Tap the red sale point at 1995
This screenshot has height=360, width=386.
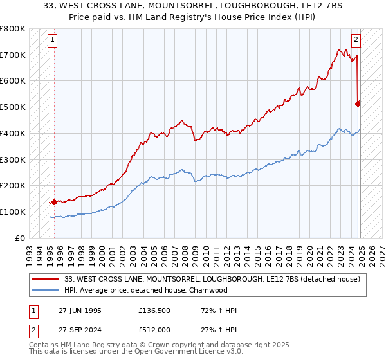(x=54, y=202)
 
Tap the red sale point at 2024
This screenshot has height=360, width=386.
(x=358, y=103)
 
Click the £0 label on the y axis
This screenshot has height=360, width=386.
(x=21, y=238)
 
